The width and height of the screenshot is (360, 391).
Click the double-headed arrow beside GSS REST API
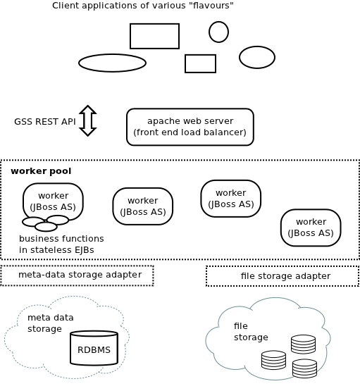tap(87, 120)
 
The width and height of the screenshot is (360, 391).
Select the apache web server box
tap(190, 127)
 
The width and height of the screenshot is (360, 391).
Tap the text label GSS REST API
tap(44, 121)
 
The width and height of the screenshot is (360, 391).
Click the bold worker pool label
tap(41, 171)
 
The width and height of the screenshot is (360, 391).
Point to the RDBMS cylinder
tap(94, 348)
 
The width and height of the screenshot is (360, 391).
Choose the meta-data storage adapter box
tap(77, 275)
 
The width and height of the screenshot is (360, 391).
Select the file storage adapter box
tap(283, 276)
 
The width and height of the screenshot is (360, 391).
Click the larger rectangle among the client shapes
tap(154, 36)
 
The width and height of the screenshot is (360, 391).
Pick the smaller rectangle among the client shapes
tap(200, 63)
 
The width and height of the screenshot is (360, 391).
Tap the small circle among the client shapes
tap(218, 32)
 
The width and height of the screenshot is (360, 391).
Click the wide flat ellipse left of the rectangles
tap(112, 63)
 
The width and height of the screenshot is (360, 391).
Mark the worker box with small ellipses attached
tap(53, 201)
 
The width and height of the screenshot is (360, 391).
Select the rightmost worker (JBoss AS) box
tap(311, 228)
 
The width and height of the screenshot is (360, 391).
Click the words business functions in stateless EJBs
tap(61, 244)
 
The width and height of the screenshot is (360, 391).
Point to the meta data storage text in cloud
tap(50, 323)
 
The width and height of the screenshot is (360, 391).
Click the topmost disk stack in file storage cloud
tap(303, 344)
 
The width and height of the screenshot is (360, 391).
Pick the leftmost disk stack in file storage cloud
tap(273, 360)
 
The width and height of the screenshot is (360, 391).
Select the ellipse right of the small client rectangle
tap(257, 57)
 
